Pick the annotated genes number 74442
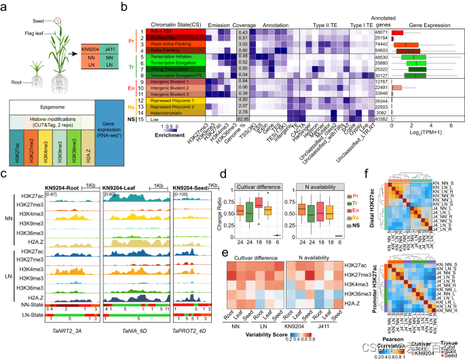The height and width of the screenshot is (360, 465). pyautogui.click(x=380, y=42)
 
